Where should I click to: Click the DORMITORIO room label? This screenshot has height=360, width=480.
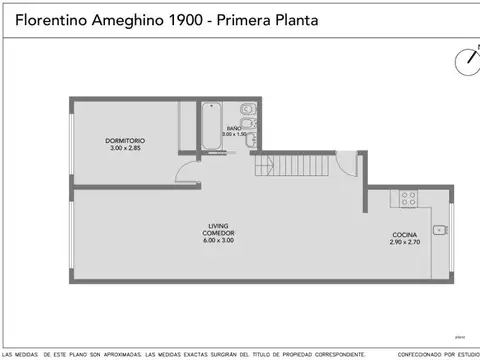pos(126,140)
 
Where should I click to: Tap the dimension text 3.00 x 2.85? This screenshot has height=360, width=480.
pos(126,147)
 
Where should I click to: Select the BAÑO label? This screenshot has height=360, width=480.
pos(234,129)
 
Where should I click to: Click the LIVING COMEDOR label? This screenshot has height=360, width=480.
pos(221,230)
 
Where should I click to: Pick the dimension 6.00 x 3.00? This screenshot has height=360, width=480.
pos(221,241)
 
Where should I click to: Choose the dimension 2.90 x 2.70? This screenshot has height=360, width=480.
pos(405,242)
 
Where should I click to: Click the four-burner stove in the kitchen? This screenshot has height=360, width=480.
pos(408,200)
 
